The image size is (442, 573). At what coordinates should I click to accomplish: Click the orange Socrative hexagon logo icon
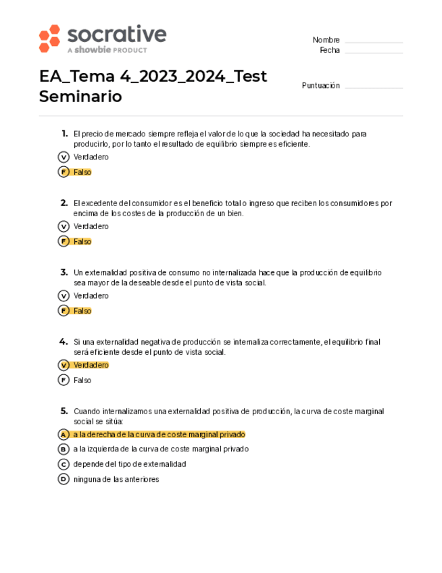point(49,39)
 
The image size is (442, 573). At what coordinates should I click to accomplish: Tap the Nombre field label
point(326,40)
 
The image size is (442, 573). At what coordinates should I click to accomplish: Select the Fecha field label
point(330,51)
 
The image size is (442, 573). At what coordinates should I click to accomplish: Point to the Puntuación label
point(320,86)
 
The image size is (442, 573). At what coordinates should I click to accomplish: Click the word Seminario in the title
point(80,97)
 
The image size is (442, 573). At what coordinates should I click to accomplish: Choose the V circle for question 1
point(64,157)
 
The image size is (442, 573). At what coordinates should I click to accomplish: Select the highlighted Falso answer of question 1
point(82,172)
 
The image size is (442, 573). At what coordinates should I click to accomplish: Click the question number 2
point(64,203)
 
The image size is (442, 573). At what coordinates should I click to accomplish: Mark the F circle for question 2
point(64,241)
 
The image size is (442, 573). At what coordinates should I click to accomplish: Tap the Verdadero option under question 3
point(91,296)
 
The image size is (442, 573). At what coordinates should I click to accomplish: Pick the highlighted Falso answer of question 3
point(82,311)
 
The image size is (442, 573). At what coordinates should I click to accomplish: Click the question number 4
point(64,341)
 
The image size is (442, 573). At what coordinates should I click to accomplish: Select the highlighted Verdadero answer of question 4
point(91,365)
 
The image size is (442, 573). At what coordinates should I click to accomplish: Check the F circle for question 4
point(64,380)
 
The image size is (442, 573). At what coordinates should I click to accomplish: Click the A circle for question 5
point(64,434)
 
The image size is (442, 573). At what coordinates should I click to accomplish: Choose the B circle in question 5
point(64,449)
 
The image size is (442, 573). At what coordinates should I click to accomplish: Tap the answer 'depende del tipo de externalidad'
point(129,464)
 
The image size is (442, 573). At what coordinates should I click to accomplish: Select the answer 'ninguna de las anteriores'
point(116,479)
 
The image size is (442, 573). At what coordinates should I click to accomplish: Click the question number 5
point(64,411)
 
